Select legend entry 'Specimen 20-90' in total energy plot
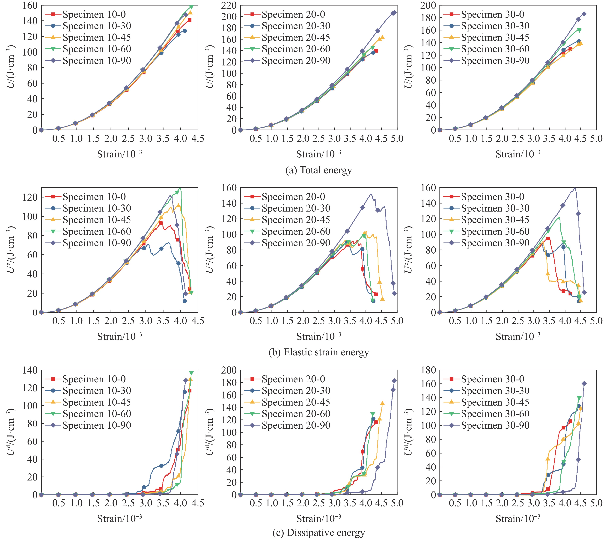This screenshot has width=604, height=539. [x=296, y=61]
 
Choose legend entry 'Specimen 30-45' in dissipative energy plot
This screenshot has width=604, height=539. [x=495, y=402]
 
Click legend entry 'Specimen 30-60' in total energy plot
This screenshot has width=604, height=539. [x=495, y=49]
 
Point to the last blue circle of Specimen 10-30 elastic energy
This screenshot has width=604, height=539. [x=185, y=301]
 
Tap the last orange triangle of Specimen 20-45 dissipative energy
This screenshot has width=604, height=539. [x=382, y=403]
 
